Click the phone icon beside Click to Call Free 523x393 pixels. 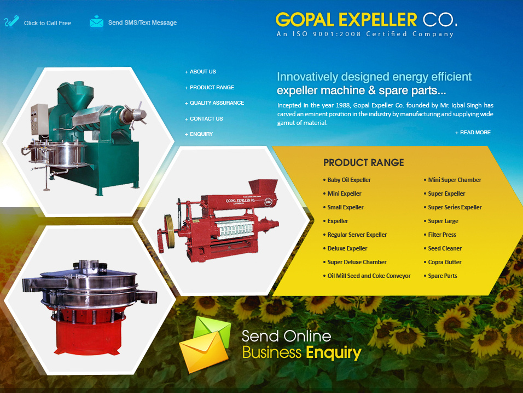pyautogui.click(x=11, y=21)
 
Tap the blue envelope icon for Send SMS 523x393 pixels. pyautogui.click(x=96, y=21)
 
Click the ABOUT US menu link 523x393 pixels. pyautogui.click(x=200, y=71)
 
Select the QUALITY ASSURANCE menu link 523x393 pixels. pyautogui.click(x=214, y=103)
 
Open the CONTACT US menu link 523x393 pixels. pyautogui.click(x=204, y=118)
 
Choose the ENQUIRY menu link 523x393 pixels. pyautogui.click(x=199, y=134)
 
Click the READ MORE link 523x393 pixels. pyautogui.click(x=473, y=132)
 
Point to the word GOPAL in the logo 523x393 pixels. pyautogui.click(x=305, y=20)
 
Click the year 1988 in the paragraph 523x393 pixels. pyautogui.click(x=343, y=105)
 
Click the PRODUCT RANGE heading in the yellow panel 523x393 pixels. pyautogui.click(x=364, y=163)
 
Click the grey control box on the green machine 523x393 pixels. pyautogui.click(x=39, y=119)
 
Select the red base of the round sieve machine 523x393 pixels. pyautogui.click(x=87, y=334)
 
